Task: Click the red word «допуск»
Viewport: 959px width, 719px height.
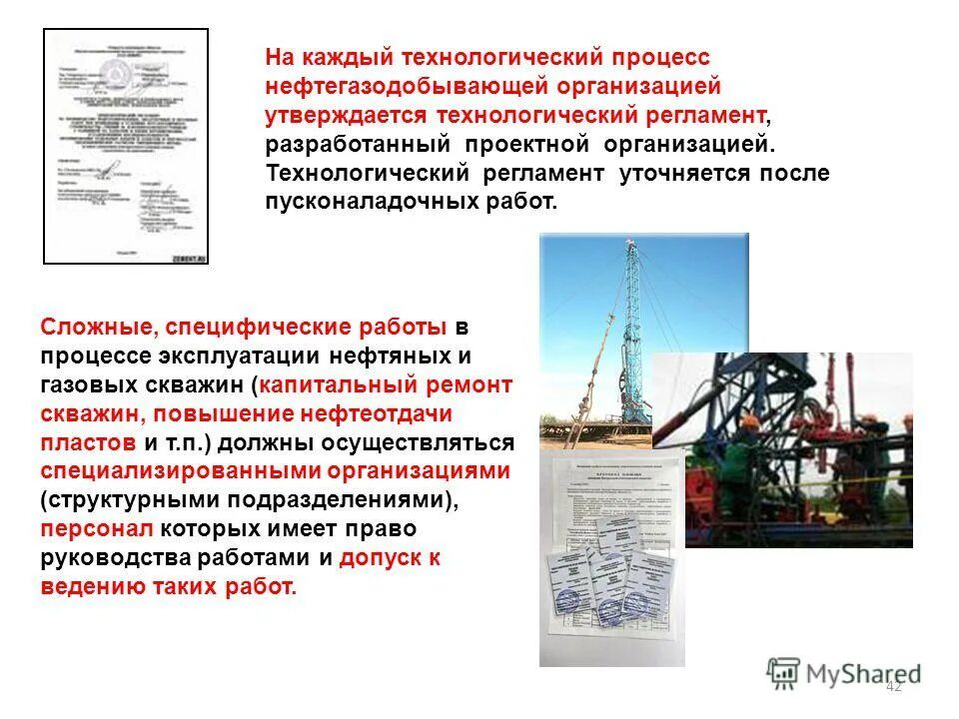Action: point(382,557)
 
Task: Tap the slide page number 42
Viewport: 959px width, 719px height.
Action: point(893,686)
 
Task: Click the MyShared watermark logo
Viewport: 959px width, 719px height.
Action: point(844,672)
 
